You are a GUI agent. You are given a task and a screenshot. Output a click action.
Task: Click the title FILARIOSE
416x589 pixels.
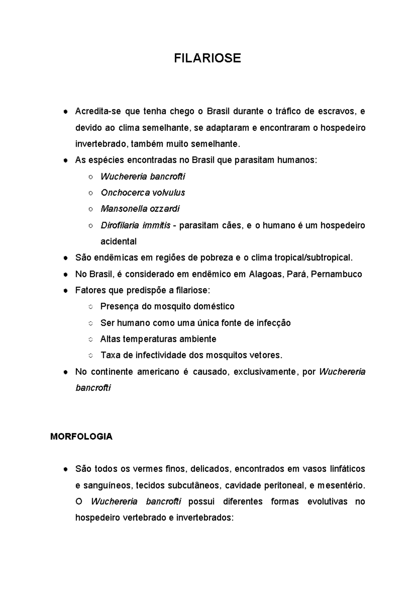pos(207,58)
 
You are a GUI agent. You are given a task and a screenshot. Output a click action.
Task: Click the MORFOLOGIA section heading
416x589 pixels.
pos(81,437)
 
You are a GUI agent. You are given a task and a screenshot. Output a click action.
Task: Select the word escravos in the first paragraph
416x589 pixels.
pos(335,111)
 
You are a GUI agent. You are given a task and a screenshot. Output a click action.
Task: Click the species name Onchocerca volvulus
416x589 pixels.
pos(143,193)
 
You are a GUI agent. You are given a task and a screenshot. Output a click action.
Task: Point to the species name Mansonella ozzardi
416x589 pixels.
pos(140,209)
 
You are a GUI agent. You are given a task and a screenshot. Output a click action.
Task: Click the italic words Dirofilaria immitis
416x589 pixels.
pos(135,226)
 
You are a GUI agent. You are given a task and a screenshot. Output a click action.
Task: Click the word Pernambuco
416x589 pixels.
pos(336,274)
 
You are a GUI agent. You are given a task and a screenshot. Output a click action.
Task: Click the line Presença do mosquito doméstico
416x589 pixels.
pos(167,306)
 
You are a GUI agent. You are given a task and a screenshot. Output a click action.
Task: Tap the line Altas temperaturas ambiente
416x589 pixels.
pos(158,339)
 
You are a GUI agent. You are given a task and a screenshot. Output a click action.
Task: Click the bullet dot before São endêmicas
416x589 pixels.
pos(65,258)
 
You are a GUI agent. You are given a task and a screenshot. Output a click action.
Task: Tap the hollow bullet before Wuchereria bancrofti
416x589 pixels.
pos(90,177)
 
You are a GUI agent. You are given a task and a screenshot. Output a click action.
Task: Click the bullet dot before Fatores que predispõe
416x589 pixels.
pos(65,291)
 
